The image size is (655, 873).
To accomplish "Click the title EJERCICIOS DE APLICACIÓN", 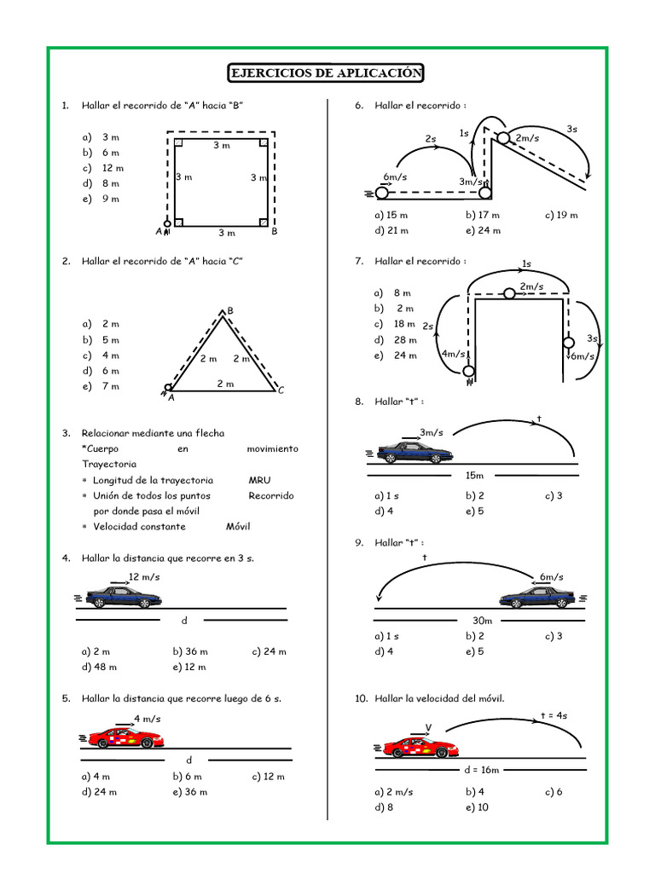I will (x=326, y=73).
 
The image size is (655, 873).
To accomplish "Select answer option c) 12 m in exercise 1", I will (x=103, y=168).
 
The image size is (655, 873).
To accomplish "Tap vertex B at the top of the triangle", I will (x=229, y=310).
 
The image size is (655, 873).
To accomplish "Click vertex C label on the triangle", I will (x=281, y=390).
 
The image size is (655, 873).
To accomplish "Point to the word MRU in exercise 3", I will (x=259, y=480).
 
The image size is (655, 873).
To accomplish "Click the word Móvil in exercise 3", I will (x=238, y=526).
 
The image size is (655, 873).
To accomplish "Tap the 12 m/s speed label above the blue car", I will (x=144, y=577).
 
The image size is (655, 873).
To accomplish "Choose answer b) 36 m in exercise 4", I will (x=187, y=651).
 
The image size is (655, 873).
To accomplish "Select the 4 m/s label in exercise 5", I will (x=146, y=719).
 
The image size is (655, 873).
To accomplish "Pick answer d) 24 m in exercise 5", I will (x=99, y=791).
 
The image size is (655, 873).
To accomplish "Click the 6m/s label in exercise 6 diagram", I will (x=395, y=176).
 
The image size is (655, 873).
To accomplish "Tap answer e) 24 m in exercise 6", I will (x=483, y=230).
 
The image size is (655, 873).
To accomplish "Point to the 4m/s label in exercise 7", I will (x=453, y=353).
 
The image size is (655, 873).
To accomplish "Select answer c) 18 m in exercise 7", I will (x=395, y=324).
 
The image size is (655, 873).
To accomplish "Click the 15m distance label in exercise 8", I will (x=474, y=475).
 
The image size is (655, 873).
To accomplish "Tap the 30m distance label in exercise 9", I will (x=482, y=620).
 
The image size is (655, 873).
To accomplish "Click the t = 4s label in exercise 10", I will (x=554, y=715).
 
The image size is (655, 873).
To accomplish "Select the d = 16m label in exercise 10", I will (x=481, y=769).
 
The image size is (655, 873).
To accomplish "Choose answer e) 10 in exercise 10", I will (x=477, y=807).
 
